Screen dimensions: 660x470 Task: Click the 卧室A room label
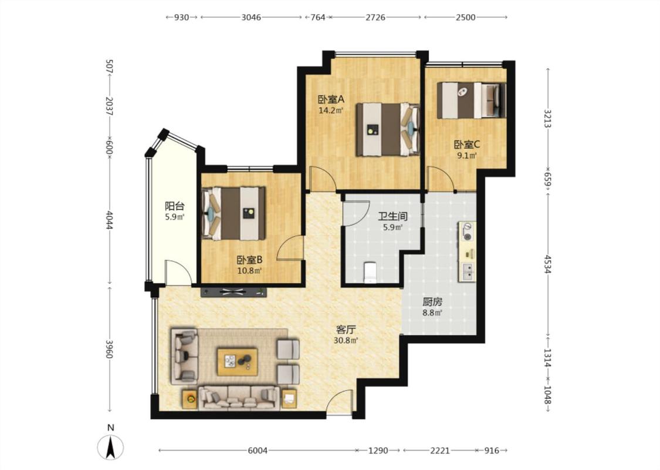[331, 99]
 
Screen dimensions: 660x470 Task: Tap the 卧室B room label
[249, 260]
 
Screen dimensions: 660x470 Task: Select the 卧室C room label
[467, 145]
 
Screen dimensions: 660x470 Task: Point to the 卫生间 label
[392, 217]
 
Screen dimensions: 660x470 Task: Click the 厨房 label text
[432, 302]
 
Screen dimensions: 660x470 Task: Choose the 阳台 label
[174, 206]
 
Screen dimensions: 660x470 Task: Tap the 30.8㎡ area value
[346, 340]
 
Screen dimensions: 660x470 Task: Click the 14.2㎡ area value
[331, 111]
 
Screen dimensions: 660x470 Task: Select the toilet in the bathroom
[370, 272]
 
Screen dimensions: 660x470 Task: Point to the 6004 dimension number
[258, 451]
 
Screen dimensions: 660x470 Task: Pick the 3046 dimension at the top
[251, 17]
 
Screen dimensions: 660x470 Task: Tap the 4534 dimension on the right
[547, 264]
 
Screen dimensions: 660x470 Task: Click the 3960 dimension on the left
[109, 349]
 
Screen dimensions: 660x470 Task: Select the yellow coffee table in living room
[237, 361]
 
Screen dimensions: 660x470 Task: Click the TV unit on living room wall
[234, 291]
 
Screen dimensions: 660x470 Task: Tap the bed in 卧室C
[471, 100]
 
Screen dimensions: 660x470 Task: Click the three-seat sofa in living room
[239, 398]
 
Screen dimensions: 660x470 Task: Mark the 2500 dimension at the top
[466, 17]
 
